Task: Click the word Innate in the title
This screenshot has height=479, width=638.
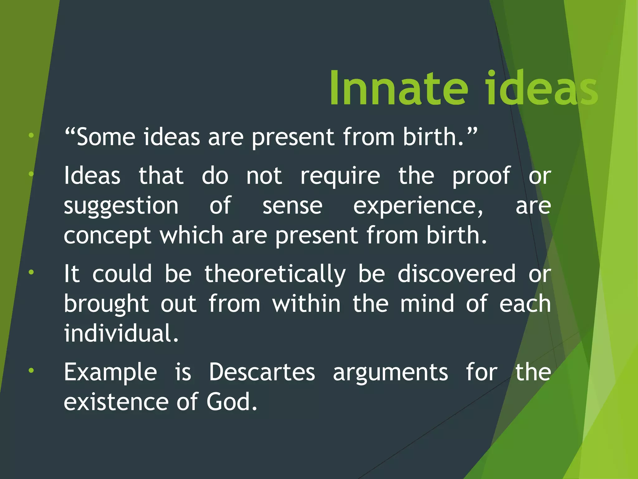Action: (x=399, y=89)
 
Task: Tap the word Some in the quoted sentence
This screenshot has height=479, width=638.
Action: (x=106, y=137)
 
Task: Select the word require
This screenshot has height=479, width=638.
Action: (x=340, y=177)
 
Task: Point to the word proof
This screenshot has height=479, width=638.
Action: (x=481, y=177)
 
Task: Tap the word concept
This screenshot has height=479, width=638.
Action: (x=107, y=236)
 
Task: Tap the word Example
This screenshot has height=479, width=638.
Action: (x=110, y=372)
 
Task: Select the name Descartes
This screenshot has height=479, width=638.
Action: (x=262, y=372)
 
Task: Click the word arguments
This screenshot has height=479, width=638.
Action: (x=390, y=372)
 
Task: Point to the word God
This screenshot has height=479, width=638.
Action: (x=231, y=402)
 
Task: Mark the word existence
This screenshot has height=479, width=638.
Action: (x=116, y=402)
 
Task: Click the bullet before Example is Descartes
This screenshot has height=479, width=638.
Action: (x=31, y=371)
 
